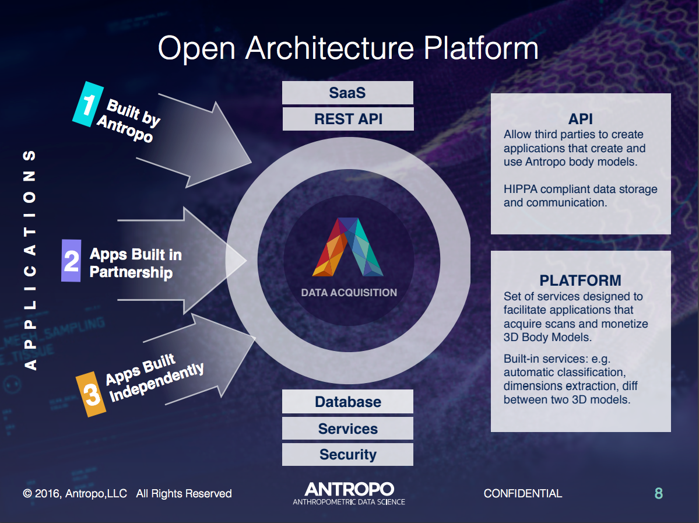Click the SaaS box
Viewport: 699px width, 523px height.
click(347, 93)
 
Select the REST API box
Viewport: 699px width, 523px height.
click(347, 119)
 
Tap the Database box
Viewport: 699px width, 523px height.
click(347, 402)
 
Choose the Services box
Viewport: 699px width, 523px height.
click(347, 429)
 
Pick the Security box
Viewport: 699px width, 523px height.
click(347, 455)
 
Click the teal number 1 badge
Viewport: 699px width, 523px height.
click(88, 104)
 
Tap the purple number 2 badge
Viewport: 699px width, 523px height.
click(71, 261)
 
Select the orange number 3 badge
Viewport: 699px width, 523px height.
click(92, 395)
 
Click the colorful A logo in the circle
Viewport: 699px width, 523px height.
click(348, 247)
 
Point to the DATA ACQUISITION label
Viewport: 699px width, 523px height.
click(349, 293)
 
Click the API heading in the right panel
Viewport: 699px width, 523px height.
click(581, 119)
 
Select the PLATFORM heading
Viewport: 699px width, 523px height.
click(581, 280)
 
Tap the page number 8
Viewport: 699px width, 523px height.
click(658, 494)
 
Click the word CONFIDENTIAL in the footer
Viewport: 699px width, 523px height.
click(523, 494)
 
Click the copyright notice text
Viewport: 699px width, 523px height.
click(127, 494)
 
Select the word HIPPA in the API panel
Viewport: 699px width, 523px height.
click(521, 189)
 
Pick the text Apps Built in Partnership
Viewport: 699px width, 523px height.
click(135, 264)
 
